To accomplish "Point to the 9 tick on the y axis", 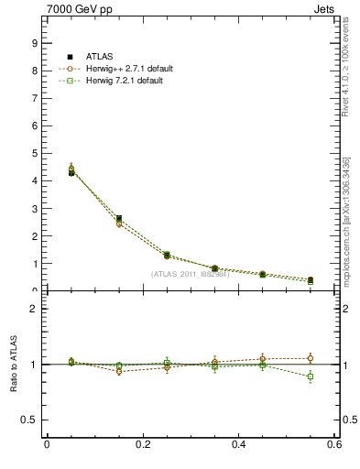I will coord(36,43).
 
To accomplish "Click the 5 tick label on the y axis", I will coord(36,153).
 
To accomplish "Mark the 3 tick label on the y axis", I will coord(36,208).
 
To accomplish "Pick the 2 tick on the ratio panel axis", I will coord(36,310).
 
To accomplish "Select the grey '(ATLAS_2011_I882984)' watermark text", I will coord(190,274).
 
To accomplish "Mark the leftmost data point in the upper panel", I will coord(46,171).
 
